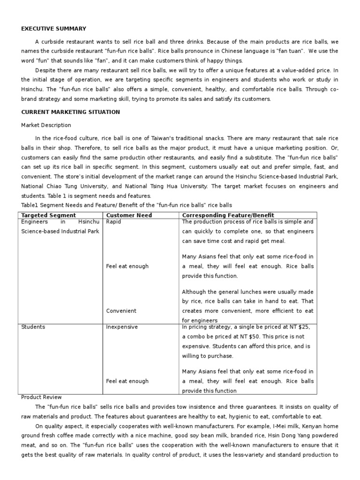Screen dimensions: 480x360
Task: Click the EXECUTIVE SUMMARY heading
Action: click(53, 29)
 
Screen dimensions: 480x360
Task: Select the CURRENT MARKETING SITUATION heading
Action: click(70, 112)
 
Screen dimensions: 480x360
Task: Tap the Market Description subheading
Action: click(46, 125)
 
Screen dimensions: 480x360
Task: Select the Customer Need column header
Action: click(126, 215)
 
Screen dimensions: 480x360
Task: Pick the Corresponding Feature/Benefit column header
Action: click(228, 215)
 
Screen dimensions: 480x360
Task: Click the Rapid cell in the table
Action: click(113, 222)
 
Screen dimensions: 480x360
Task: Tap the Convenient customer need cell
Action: click(121, 310)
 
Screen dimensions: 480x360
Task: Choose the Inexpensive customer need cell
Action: click(122, 327)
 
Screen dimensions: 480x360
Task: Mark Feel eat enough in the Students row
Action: click(127, 381)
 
